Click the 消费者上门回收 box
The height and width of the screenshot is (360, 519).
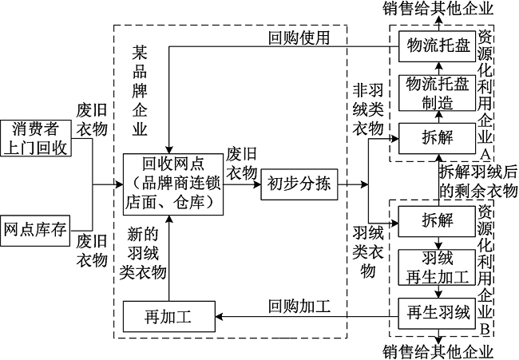tap(38, 137)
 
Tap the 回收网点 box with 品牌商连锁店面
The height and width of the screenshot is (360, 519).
tap(173, 184)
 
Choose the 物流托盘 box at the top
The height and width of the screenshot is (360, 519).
tap(438, 45)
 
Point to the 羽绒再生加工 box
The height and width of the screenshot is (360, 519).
tap(438, 266)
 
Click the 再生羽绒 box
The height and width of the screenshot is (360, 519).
tap(438, 313)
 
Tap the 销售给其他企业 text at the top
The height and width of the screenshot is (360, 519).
tap(438, 9)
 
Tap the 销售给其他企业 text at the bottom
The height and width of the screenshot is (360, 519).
tap(438, 351)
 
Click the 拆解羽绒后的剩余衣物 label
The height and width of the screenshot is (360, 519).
tap(477, 180)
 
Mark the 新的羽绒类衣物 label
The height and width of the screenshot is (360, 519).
tap(144, 253)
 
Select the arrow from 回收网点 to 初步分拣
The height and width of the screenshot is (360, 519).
tap(242, 185)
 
